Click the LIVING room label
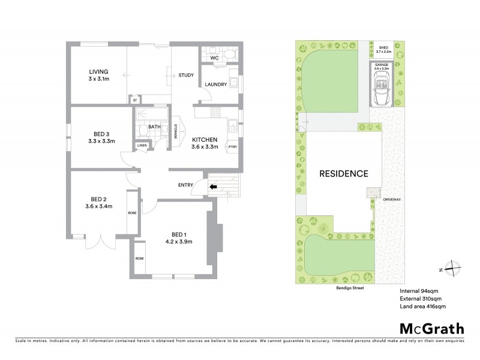(x=98, y=71)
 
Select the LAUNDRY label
(x=215, y=85)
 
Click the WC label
(x=214, y=58)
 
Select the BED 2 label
(x=99, y=199)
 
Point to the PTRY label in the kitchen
(x=232, y=146)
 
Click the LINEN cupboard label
(x=142, y=145)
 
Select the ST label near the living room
(x=136, y=100)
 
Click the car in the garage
(x=382, y=91)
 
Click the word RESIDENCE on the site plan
(x=343, y=174)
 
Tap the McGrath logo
(x=431, y=328)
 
